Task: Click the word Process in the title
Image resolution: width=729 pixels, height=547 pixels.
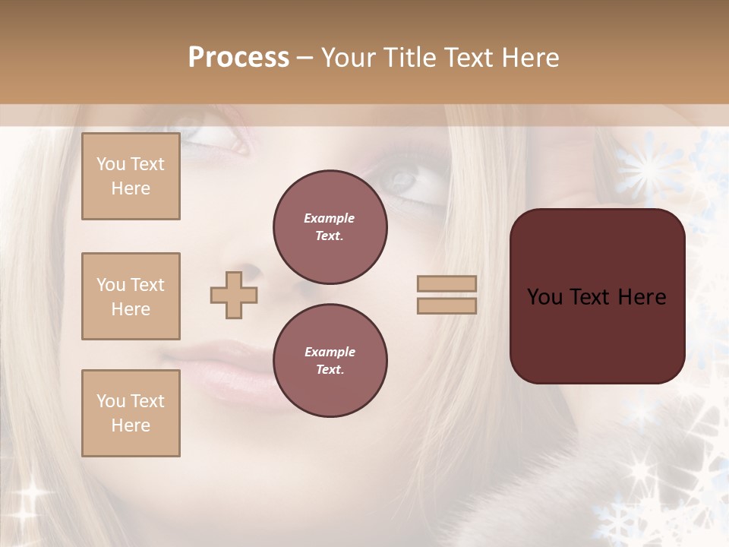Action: [x=238, y=58]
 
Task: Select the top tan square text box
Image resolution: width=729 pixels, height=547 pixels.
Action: [x=131, y=176]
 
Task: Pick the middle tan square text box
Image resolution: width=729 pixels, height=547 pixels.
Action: [x=131, y=296]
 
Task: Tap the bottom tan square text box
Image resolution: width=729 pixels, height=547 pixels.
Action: [x=131, y=413]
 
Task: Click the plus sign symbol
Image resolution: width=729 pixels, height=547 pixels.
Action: [x=234, y=295]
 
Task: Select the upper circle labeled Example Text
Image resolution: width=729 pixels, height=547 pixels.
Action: [x=330, y=227]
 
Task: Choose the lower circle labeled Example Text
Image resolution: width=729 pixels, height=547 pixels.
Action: [x=330, y=361]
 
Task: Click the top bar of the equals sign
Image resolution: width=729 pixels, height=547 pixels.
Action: [x=447, y=284]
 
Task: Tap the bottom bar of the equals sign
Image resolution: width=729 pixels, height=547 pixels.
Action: [x=447, y=306]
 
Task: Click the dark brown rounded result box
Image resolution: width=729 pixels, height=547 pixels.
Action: [x=597, y=334]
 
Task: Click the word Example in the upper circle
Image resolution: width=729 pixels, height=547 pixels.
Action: [x=330, y=218]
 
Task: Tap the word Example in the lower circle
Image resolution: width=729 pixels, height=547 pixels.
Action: [x=330, y=352]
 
